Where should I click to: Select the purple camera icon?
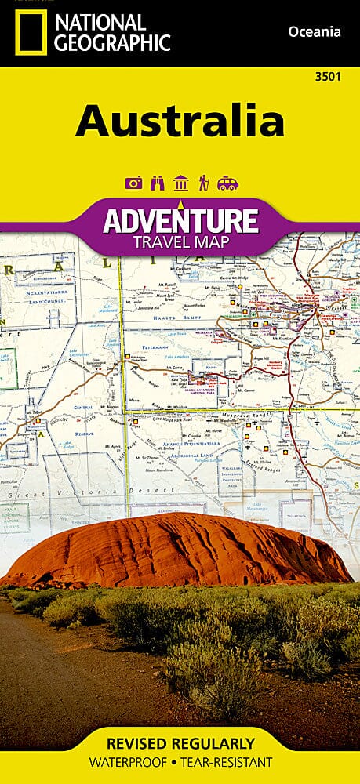point(133,183)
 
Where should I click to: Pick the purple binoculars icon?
point(157,183)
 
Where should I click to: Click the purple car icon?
point(227,183)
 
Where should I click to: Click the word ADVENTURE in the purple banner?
point(180,220)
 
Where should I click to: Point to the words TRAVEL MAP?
point(180,241)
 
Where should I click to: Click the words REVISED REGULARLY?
point(180,743)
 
